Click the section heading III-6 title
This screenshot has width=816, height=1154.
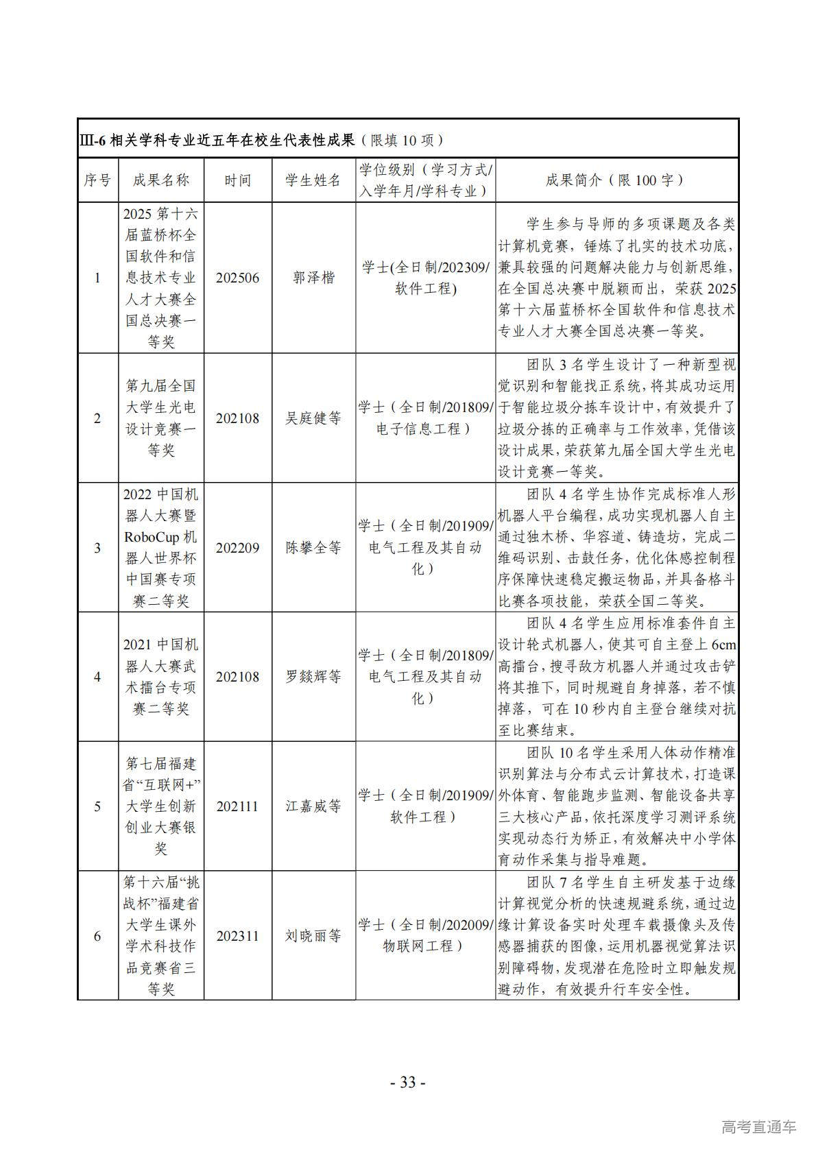click(x=261, y=140)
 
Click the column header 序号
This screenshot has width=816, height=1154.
click(x=97, y=180)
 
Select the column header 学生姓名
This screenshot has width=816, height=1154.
click(x=313, y=180)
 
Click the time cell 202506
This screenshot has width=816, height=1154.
click(x=237, y=278)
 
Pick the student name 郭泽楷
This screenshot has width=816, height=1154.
click(x=313, y=278)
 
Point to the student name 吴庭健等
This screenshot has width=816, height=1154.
click(x=313, y=418)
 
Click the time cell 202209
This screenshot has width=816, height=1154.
click(x=237, y=548)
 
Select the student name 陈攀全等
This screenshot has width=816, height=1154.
click(x=313, y=548)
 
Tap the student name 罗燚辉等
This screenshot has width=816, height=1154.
click(x=313, y=677)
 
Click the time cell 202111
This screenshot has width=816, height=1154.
click(x=237, y=806)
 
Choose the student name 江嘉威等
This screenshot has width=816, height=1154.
click(x=313, y=806)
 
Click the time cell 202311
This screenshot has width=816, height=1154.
click(x=237, y=936)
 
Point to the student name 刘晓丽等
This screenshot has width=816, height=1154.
click(x=313, y=936)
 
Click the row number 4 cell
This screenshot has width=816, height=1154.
click(x=97, y=677)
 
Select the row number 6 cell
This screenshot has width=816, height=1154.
click(x=97, y=936)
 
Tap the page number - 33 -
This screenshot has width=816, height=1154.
click(x=407, y=1082)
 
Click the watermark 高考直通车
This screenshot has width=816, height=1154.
click(x=758, y=1127)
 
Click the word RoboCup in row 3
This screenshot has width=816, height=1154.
click(x=152, y=537)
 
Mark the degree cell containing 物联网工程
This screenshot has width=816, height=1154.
click(x=425, y=936)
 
